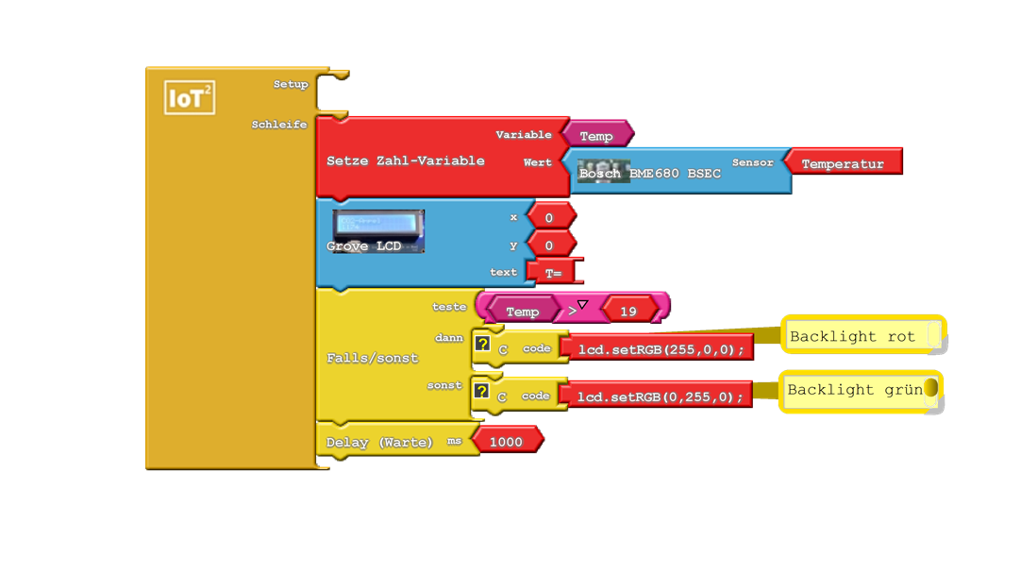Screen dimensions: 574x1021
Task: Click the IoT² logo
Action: tap(190, 98)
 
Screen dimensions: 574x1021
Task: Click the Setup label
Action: tap(291, 84)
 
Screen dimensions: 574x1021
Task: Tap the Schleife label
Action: tap(279, 125)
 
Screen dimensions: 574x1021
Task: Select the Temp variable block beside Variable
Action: tap(596, 136)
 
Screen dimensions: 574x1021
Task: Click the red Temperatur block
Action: tap(843, 163)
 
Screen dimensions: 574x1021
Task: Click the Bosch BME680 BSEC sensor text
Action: tap(650, 174)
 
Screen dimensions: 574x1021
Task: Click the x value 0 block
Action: tap(549, 218)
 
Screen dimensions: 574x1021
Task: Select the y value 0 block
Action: tap(549, 245)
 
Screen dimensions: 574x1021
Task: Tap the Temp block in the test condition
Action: tap(522, 312)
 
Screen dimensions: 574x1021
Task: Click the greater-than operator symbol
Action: tap(573, 311)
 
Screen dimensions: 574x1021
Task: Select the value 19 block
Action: tap(628, 312)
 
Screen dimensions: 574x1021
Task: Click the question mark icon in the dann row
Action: tap(482, 345)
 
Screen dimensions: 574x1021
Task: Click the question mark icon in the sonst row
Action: tap(482, 391)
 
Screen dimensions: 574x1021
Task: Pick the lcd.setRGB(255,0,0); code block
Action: tap(661, 349)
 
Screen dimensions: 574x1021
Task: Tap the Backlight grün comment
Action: tap(854, 390)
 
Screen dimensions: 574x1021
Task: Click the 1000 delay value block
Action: tap(506, 441)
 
